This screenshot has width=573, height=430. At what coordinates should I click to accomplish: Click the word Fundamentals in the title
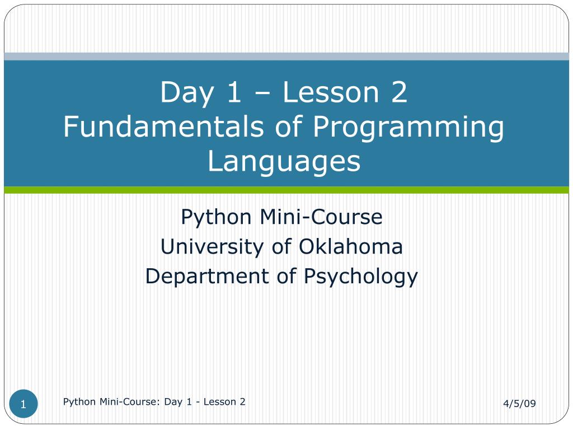point(163,126)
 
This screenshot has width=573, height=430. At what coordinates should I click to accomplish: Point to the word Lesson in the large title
point(331,92)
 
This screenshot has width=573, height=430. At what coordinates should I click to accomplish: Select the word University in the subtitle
point(212,247)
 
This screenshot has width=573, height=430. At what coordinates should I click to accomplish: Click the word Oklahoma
point(350,246)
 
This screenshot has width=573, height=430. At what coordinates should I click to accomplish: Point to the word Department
point(207,277)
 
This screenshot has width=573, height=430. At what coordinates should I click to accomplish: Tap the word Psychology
point(361,277)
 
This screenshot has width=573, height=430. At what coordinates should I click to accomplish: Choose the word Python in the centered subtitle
point(216,218)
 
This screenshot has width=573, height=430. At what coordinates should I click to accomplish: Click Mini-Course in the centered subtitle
point(321,217)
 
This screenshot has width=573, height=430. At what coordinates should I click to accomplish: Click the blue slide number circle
point(24,404)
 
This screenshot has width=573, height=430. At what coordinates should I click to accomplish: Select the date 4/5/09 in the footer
point(519,403)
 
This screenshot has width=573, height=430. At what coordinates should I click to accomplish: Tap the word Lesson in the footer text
point(219,401)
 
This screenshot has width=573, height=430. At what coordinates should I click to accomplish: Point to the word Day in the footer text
point(173,402)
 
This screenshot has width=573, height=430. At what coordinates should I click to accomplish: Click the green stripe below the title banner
point(286,190)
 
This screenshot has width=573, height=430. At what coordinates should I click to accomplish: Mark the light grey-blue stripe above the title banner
point(286,57)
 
